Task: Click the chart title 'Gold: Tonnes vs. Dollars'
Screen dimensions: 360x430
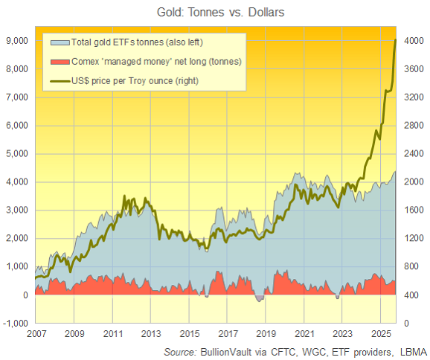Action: click(x=214, y=12)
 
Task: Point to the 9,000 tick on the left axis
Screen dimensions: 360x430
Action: click(x=17, y=40)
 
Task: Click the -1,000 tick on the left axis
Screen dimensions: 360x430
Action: click(x=16, y=324)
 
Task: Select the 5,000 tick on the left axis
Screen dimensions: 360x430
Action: click(x=17, y=154)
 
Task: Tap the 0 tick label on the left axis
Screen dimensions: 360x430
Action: click(x=27, y=295)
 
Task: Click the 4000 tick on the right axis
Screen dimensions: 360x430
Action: click(x=411, y=40)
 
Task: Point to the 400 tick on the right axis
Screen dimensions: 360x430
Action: click(x=409, y=295)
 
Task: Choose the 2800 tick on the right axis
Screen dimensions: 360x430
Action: click(x=411, y=126)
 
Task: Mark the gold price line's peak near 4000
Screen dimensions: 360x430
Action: click(x=395, y=40)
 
